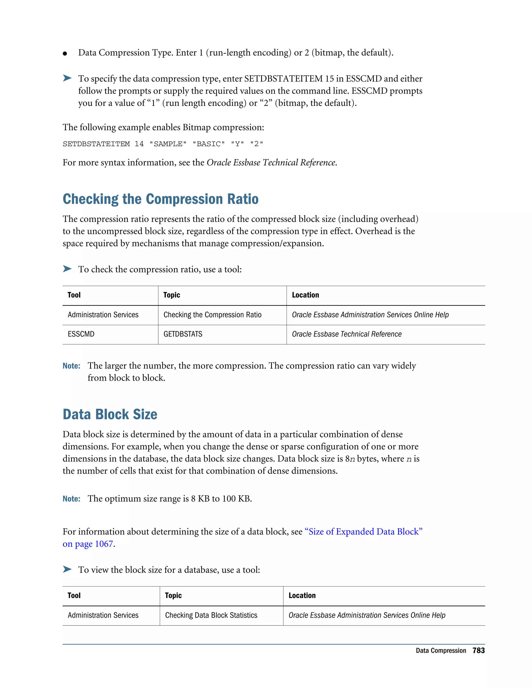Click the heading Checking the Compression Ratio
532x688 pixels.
(161, 199)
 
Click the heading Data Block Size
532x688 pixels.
(110, 414)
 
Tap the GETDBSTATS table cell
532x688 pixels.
(183, 334)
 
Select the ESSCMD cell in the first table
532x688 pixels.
(81, 334)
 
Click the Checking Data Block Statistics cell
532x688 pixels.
(211, 615)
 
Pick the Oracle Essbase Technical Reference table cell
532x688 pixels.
(347, 334)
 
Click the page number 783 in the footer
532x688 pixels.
(478, 651)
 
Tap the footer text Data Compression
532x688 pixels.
(441, 651)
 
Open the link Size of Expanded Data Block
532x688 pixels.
(363, 532)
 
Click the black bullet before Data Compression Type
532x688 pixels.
(65, 53)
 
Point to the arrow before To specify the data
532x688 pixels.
(67, 78)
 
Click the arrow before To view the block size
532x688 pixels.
(67, 569)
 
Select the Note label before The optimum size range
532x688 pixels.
(71, 499)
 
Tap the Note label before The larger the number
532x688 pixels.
(71, 366)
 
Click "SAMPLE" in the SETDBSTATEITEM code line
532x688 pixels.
(168, 144)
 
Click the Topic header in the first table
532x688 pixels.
(172, 295)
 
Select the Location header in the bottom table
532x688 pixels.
(302, 596)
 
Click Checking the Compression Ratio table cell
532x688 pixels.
(212, 315)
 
